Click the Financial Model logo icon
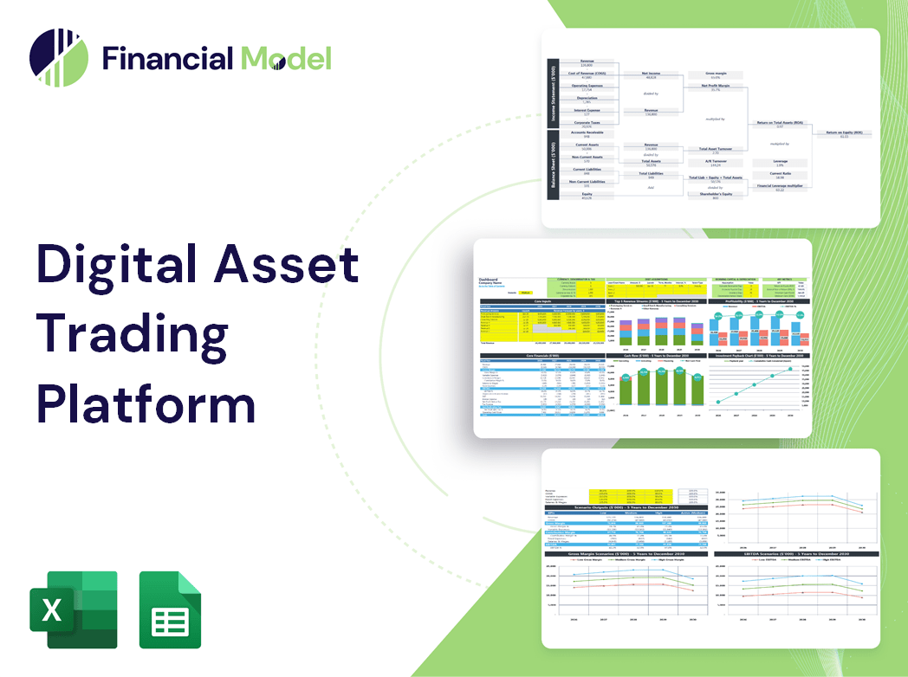pyautogui.click(x=59, y=58)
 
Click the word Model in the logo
pyautogui.click(x=285, y=59)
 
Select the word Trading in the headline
pyautogui.click(x=132, y=334)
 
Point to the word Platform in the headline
pyautogui.click(x=146, y=403)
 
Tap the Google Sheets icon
pyautogui.click(x=170, y=609)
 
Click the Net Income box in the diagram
pyautogui.click(x=651, y=75)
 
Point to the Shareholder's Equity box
pyautogui.click(x=710, y=196)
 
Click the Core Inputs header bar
pyautogui.click(x=542, y=301)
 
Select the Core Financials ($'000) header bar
pyautogui.click(x=542, y=356)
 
